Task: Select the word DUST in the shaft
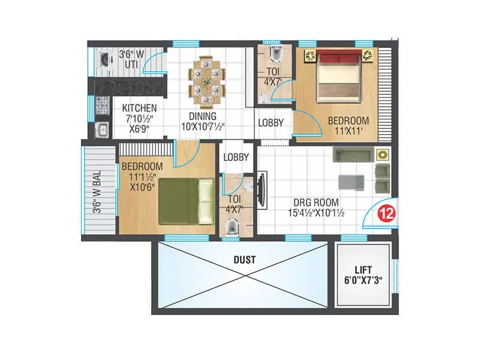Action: click(245, 260)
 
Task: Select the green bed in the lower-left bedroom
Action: click(186, 200)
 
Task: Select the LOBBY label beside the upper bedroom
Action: click(271, 123)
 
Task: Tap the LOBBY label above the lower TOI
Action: click(236, 157)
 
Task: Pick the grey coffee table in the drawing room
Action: click(350, 181)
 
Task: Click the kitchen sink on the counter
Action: click(101, 129)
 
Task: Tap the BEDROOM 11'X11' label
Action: click(348, 125)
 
